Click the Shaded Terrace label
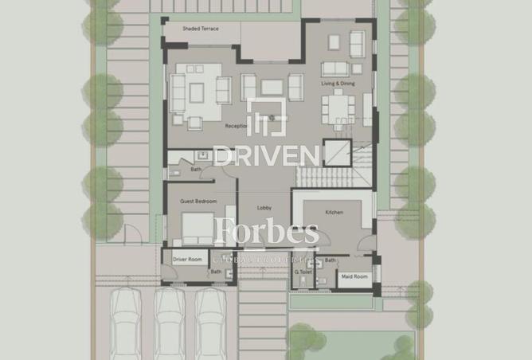click(x=200, y=29)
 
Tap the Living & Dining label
click(x=338, y=83)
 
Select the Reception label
click(x=237, y=126)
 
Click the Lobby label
click(x=264, y=208)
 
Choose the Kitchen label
click(x=333, y=212)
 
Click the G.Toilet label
click(x=302, y=272)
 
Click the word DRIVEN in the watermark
click(x=266, y=154)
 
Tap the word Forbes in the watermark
click(x=267, y=233)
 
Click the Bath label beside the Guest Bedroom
click(x=196, y=170)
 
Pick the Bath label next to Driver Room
click(x=216, y=272)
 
